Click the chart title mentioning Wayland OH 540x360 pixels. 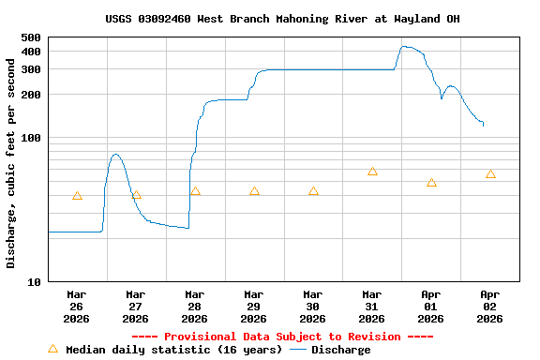(282, 19)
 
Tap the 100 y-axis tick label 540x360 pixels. (31, 138)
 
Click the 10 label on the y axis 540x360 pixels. (35, 281)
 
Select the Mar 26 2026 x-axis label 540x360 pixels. (77, 306)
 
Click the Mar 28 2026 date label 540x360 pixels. (195, 306)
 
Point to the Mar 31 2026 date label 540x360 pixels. (372, 306)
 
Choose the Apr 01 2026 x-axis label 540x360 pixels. (431, 306)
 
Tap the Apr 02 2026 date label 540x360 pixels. (490, 306)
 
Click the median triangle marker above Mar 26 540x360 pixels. (77, 196)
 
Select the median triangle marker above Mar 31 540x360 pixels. (372, 172)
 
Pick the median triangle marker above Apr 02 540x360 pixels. (490, 174)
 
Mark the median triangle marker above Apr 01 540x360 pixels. (431, 183)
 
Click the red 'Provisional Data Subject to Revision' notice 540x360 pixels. (282, 337)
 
